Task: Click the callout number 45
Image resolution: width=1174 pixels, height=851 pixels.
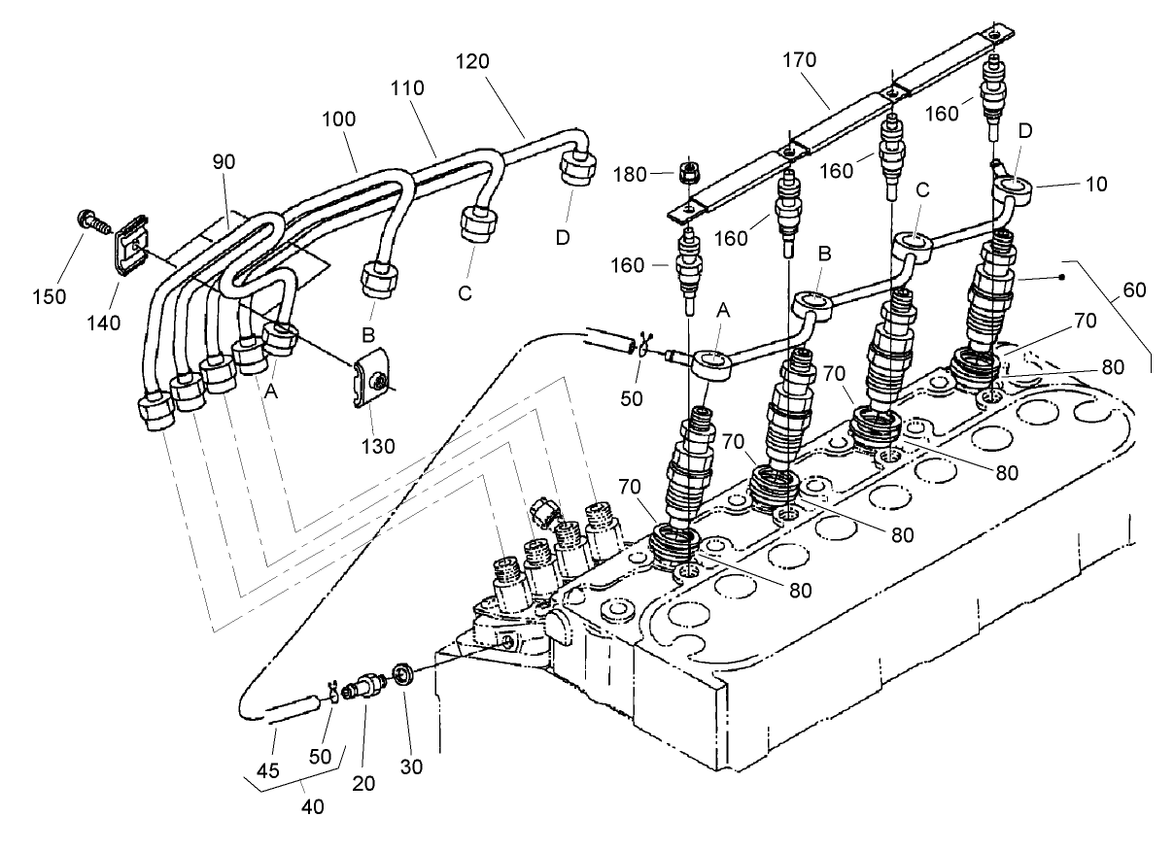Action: click(x=267, y=770)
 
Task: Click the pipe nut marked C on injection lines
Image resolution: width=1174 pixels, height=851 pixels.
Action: click(x=476, y=226)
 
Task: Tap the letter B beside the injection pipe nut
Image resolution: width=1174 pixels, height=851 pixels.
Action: click(x=368, y=335)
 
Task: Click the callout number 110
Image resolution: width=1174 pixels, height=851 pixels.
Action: click(x=409, y=87)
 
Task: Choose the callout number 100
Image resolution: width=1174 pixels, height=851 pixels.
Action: click(x=340, y=119)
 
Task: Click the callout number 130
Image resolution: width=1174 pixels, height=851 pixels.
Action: click(x=379, y=447)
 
